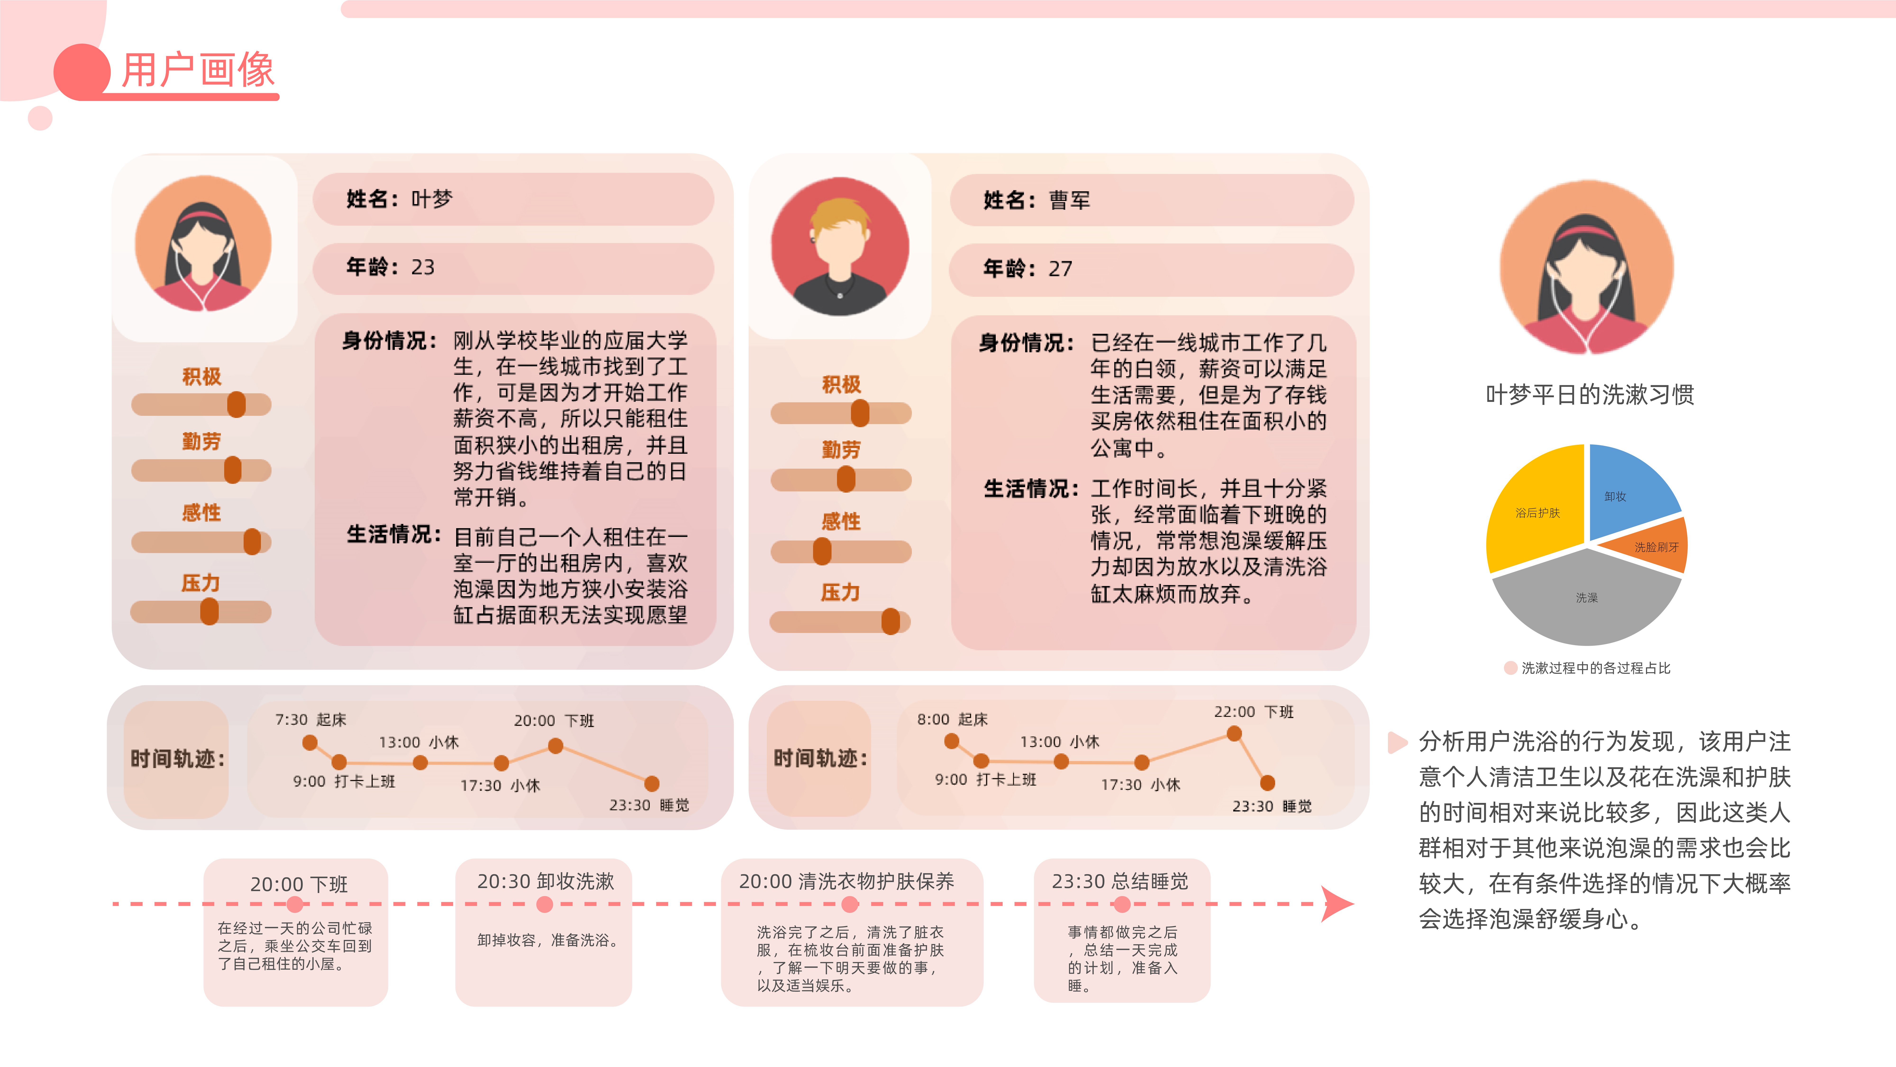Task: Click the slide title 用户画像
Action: click(x=197, y=71)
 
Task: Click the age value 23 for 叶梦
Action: click(x=423, y=267)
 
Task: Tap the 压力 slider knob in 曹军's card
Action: click(x=891, y=622)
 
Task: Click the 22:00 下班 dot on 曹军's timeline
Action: click(x=1234, y=733)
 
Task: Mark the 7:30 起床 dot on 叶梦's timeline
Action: click(x=310, y=742)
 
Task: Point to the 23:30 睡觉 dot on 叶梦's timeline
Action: click(x=651, y=783)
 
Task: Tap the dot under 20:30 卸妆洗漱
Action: click(x=545, y=904)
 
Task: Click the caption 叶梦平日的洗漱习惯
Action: click(x=1590, y=395)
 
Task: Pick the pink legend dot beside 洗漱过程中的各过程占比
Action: click(x=1510, y=668)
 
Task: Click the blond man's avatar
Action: click(x=840, y=247)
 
